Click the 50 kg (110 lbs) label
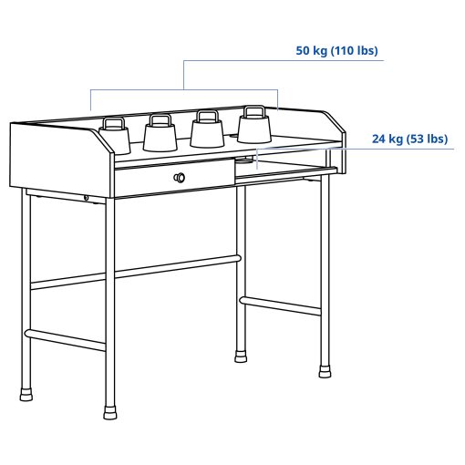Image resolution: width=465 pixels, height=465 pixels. click(x=336, y=50)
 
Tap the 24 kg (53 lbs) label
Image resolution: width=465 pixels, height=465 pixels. click(x=409, y=139)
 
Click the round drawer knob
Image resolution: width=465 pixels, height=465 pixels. click(x=181, y=177)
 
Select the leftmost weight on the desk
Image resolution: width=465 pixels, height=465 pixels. click(x=115, y=137)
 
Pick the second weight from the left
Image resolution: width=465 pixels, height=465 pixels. click(x=159, y=135)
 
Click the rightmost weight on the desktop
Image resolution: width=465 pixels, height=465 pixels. click(x=253, y=127)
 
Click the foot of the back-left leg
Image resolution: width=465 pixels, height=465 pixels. click(x=26, y=394)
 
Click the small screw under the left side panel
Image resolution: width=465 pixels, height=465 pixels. click(x=86, y=199)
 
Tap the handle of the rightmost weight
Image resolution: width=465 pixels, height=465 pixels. click(x=253, y=112)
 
